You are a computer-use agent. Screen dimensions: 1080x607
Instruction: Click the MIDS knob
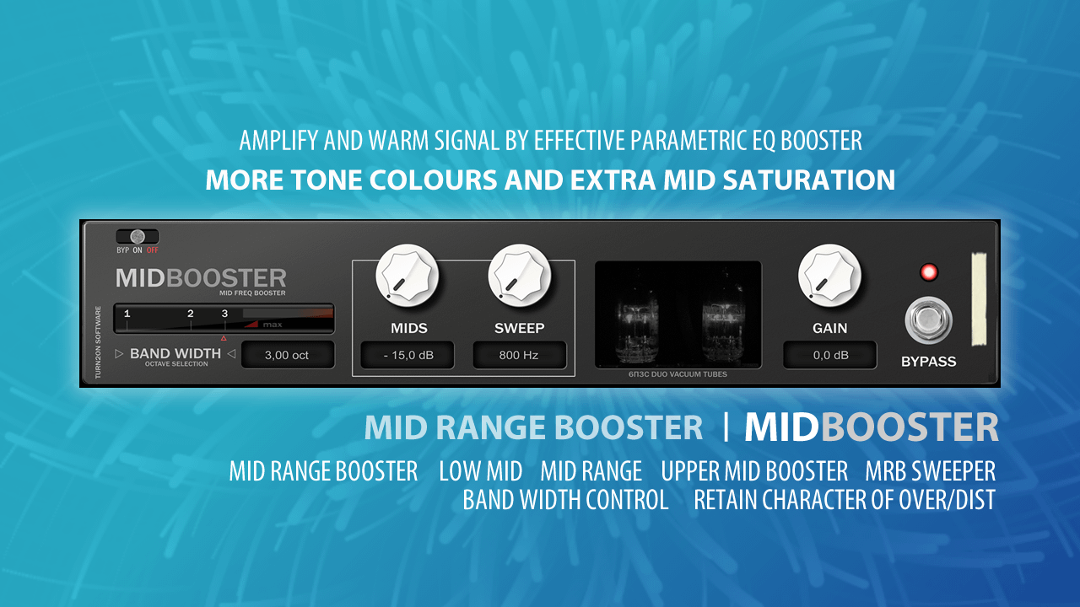pyautogui.click(x=408, y=276)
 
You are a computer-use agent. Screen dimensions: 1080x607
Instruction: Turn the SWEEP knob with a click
pyautogui.click(x=519, y=276)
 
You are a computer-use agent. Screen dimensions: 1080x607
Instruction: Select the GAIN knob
pyautogui.click(x=829, y=276)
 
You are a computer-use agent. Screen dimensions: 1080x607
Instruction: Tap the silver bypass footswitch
pyautogui.click(x=928, y=320)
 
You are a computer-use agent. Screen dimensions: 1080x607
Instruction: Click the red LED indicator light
pyautogui.click(x=929, y=272)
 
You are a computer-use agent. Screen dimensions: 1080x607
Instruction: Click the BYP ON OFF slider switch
pyautogui.click(x=138, y=237)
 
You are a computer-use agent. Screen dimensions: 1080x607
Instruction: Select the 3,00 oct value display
pyautogui.click(x=288, y=355)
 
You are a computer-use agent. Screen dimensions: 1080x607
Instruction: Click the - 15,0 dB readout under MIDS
pyautogui.click(x=408, y=355)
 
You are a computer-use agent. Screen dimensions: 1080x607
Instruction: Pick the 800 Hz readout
pyautogui.click(x=519, y=355)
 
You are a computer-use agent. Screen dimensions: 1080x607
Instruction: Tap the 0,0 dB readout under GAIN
pyautogui.click(x=829, y=355)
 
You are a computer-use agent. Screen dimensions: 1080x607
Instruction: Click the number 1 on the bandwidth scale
pyautogui.click(x=127, y=314)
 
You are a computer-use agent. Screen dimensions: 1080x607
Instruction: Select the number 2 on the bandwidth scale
pyautogui.click(x=191, y=314)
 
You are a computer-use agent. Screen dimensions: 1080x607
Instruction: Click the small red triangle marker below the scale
pyautogui.click(x=224, y=339)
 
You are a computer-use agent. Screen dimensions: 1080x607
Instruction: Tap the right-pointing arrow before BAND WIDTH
pyautogui.click(x=119, y=354)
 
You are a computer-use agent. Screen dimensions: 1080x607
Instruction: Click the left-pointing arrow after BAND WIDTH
pyautogui.click(x=231, y=354)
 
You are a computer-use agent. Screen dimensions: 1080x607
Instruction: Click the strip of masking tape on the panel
pyautogui.click(x=980, y=298)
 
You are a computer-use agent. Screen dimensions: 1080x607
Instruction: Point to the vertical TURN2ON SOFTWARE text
pyautogui.click(x=98, y=342)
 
